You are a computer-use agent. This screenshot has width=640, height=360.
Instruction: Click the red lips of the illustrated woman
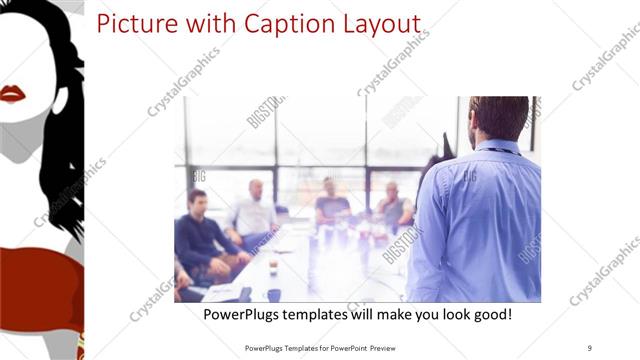(12, 94)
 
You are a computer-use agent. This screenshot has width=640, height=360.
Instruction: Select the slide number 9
(589, 347)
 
